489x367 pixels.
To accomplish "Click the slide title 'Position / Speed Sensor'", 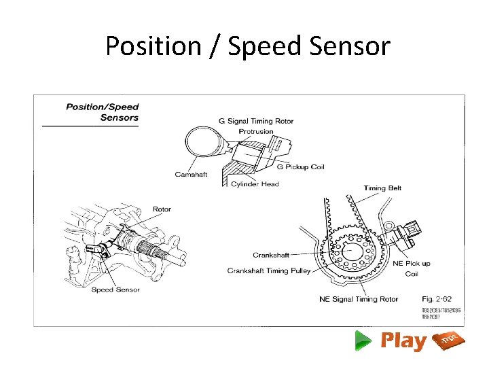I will pos(248,46).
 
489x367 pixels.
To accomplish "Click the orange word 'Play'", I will pos(403,340).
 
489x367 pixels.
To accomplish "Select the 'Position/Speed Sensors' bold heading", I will pos(101,112).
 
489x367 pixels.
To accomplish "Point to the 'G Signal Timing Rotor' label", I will pos(256,121).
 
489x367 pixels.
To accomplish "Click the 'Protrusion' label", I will pos(256,131).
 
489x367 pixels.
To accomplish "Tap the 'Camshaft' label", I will pos(191,175).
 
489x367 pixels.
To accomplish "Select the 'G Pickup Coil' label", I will pos(301,167).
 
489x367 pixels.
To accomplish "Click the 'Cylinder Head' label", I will pos(255,184).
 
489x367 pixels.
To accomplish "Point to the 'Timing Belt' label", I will pos(382,188).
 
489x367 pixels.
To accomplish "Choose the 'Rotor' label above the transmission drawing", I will pos(162,209).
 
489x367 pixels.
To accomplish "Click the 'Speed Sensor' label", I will pos(115,290).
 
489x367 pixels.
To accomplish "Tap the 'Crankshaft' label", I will pos(271,256).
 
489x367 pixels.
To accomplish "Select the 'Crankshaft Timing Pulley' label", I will pos(269,270).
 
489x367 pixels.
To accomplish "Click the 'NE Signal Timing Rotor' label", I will pos(359,299).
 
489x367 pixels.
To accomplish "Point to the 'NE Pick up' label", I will pos(412,264).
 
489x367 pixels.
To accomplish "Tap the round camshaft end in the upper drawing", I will pos(204,144).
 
